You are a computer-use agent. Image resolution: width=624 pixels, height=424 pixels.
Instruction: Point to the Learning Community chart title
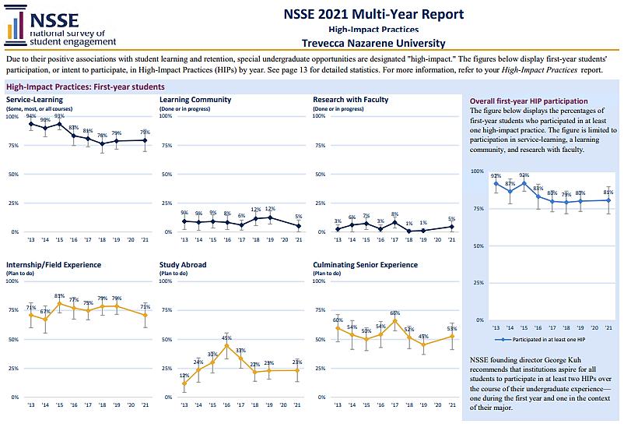[x=195, y=100]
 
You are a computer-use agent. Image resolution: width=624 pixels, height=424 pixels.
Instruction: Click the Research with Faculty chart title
[x=350, y=100]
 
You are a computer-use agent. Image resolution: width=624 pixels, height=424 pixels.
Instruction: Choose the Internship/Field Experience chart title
[x=55, y=265]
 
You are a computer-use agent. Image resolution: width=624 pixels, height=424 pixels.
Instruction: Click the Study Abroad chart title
[x=183, y=265]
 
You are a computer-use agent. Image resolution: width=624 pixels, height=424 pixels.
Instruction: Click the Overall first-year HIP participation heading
[x=529, y=101]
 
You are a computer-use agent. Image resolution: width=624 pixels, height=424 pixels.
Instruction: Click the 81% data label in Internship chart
[x=59, y=295]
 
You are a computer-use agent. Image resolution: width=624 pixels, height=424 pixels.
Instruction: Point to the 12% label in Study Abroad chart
[x=184, y=376]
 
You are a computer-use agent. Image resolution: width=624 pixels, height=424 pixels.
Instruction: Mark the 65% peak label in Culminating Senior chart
[x=395, y=313]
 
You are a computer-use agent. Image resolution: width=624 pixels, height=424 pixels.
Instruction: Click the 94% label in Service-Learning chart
[x=32, y=115]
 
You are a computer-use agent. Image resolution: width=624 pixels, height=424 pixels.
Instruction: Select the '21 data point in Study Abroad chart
[x=297, y=370]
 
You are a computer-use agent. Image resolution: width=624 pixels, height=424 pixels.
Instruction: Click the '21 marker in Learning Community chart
[x=297, y=226]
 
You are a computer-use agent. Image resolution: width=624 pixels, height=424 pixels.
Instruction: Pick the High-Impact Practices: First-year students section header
[x=85, y=87]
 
